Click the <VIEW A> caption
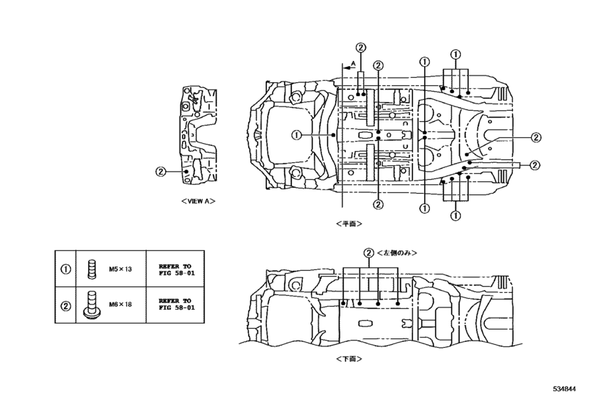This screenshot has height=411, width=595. coord(196,200)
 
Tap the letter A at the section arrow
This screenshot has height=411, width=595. coord(353,64)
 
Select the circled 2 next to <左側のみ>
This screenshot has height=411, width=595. coord(368,252)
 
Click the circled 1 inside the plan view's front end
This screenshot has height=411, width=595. coord(295,134)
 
